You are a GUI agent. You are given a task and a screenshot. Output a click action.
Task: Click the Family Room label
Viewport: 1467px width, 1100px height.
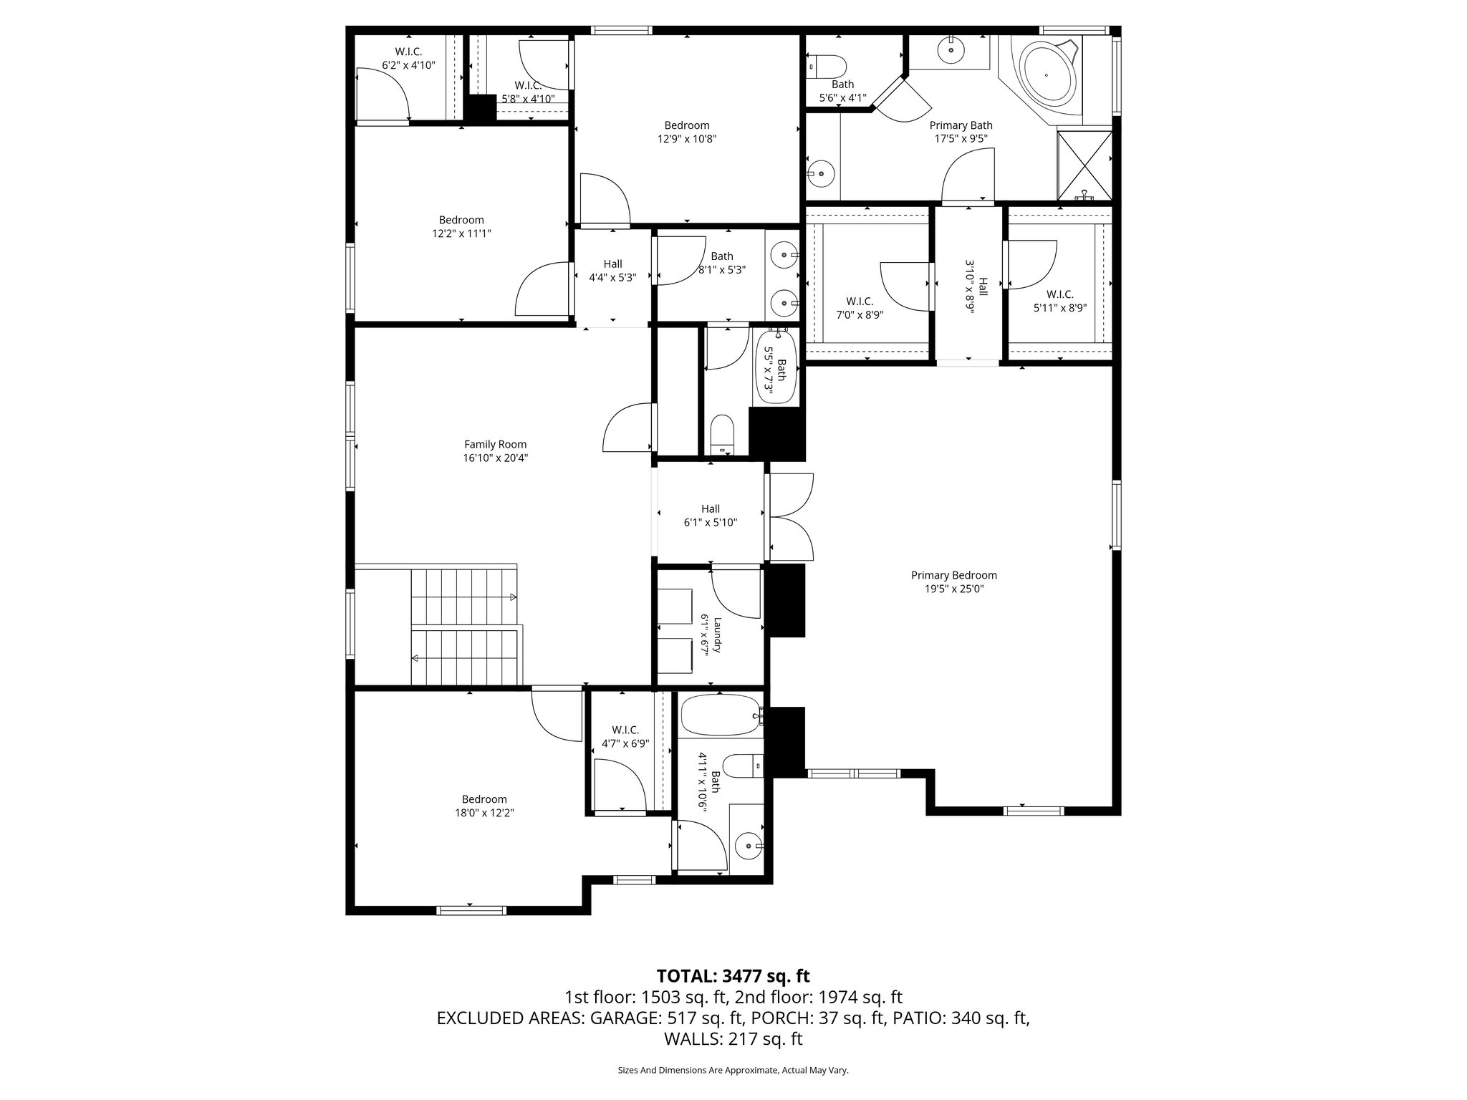pyautogui.click(x=495, y=444)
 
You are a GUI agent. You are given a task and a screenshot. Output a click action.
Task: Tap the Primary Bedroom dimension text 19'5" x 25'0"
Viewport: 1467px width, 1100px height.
pyautogui.click(x=953, y=589)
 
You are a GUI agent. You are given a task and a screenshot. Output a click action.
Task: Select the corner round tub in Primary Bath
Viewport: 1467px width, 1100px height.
pyautogui.click(x=1047, y=74)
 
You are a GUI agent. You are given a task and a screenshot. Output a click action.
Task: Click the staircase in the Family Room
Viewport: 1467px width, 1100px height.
pyautogui.click(x=464, y=626)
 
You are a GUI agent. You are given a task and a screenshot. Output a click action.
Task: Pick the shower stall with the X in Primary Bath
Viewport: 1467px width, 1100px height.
pyautogui.click(x=1084, y=165)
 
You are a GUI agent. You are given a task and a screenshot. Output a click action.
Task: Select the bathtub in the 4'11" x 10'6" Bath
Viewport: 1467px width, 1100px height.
pyautogui.click(x=719, y=715)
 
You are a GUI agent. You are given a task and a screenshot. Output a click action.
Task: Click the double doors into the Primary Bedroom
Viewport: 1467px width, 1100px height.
pyautogui.click(x=791, y=517)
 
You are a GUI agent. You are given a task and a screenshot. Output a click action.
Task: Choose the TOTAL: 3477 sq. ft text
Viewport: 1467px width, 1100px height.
pyautogui.click(x=733, y=976)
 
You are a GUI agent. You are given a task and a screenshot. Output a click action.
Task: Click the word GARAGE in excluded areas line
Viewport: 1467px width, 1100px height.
pyautogui.click(x=620, y=1018)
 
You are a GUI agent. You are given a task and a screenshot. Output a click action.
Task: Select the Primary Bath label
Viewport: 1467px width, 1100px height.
pyautogui.click(x=961, y=125)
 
